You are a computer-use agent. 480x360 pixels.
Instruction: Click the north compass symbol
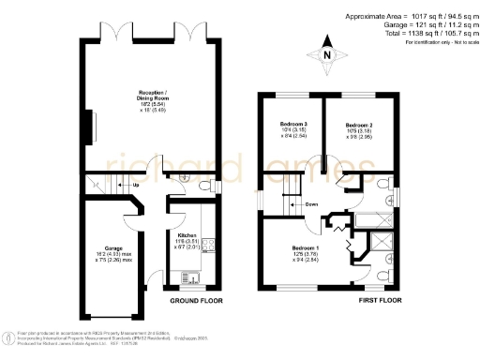[326, 54]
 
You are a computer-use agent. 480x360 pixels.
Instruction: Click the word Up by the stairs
[137, 185]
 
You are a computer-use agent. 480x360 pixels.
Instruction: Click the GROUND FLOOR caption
[196, 303]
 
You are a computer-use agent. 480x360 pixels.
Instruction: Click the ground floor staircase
[101, 184]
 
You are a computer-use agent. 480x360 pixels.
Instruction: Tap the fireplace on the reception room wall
[91, 127]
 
